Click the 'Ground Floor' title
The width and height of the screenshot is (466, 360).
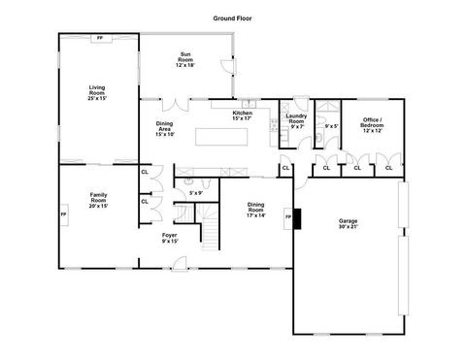[x=233, y=18]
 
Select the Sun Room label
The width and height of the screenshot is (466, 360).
[x=185, y=59]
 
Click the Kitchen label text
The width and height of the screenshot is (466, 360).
[x=243, y=117]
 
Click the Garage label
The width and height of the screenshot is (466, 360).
[x=348, y=224]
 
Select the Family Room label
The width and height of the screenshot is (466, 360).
[x=99, y=199]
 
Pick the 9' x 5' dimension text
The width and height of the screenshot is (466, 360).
[x=331, y=126]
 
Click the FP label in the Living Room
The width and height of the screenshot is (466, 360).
[x=100, y=38]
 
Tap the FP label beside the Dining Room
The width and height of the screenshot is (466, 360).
[x=288, y=216]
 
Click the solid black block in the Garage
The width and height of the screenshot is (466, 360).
[x=299, y=219]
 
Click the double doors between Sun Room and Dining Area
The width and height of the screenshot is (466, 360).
[x=171, y=101]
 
